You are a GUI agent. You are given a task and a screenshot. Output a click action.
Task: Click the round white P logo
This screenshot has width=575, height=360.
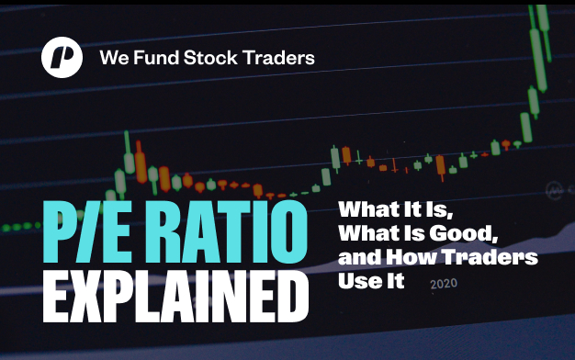point(62,57)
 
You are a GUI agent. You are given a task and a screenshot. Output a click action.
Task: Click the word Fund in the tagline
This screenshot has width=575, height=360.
point(156,58)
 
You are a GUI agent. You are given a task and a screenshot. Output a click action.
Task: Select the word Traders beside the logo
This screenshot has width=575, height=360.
point(278,58)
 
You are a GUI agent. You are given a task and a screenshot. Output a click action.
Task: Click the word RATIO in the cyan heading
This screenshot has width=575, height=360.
point(227,231)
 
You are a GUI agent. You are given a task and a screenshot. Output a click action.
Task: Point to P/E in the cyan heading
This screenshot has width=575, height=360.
point(87,231)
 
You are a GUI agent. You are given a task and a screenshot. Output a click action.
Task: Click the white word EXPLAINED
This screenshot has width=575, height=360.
point(175,296)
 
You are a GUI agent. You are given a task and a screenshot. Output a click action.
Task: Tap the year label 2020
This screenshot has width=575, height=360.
point(444,284)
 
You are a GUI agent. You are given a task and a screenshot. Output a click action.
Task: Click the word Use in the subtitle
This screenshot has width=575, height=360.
point(355,281)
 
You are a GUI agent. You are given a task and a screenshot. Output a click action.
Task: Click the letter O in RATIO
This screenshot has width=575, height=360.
point(289,231)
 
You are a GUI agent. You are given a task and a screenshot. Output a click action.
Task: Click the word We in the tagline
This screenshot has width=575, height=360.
point(114,58)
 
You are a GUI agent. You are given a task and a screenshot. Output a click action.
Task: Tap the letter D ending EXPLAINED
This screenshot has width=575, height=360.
point(291,296)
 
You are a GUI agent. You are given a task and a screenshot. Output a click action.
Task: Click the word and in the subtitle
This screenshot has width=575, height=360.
point(360,257)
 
